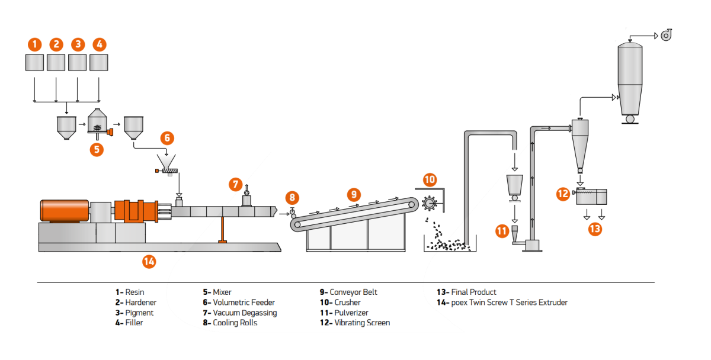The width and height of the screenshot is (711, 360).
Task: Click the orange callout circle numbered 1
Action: pos(34,44)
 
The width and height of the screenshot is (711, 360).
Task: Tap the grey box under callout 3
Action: pos(78,62)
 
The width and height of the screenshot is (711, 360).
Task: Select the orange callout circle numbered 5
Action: pos(97,149)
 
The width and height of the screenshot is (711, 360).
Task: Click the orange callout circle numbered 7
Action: pos(236,185)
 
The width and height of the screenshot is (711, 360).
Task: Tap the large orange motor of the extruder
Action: pos(64,211)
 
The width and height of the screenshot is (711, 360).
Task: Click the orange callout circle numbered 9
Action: pos(354,194)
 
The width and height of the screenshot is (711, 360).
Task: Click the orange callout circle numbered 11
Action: pos(502,231)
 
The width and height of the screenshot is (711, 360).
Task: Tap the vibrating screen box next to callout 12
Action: pos(591,197)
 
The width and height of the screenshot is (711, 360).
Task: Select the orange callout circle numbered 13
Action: pos(595,228)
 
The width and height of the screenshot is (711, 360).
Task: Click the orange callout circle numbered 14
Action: pos(149,261)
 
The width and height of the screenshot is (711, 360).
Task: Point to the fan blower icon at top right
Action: pos(667,36)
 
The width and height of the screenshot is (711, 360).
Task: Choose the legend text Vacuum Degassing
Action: pos(245,313)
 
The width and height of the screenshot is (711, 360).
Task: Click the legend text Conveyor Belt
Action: pos(354,292)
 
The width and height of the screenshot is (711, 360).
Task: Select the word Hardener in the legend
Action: pos(140,303)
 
